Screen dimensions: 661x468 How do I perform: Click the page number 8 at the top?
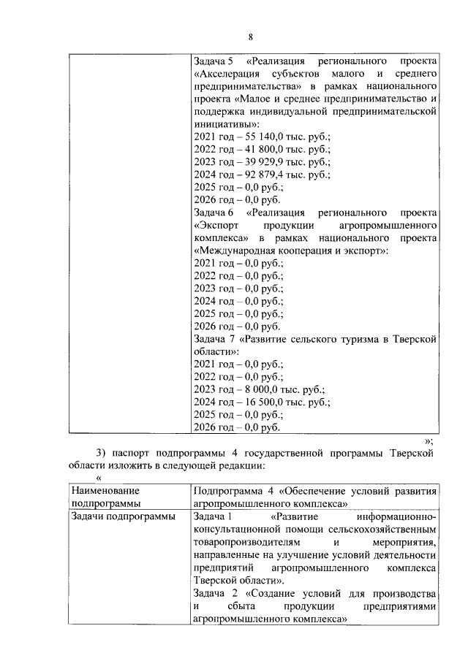coord(250,37)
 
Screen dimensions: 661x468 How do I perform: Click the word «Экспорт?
coord(216,225)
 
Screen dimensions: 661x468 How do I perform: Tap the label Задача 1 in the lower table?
coord(213,517)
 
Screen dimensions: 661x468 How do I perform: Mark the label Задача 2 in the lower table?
coord(213,593)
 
